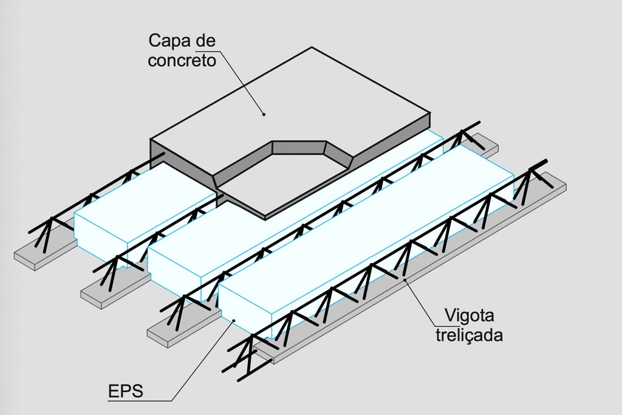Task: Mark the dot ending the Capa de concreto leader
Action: point(264,113)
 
